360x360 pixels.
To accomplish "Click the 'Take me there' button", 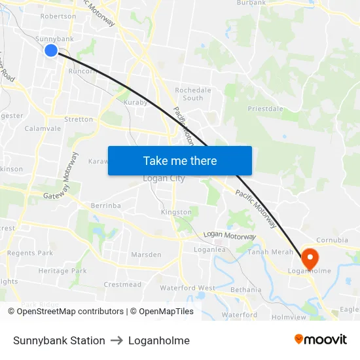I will pyautogui.click(x=180, y=161).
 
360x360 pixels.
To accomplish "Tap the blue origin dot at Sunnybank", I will pyautogui.click(x=51, y=50).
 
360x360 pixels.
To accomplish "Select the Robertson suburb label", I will pyautogui.click(x=58, y=16).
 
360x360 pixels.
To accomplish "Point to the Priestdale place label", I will pyautogui.click(x=265, y=109).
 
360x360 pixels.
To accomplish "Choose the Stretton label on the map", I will pyautogui.click(x=79, y=120).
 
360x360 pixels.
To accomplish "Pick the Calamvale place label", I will pyautogui.click(x=43, y=129).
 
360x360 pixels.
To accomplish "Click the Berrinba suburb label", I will pyautogui.click(x=106, y=206).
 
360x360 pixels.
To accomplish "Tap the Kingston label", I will pyautogui.click(x=176, y=212).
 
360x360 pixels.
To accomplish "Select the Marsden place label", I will pyautogui.click(x=146, y=255).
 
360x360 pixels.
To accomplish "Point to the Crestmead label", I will pyautogui.click(x=122, y=285).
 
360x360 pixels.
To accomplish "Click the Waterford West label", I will pyautogui.click(x=187, y=288).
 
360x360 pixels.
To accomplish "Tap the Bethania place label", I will pyautogui.click(x=245, y=290).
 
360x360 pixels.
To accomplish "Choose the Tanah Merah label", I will pyautogui.click(x=266, y=252).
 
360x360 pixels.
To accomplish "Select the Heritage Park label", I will pyautogui.click(x=62, y=271).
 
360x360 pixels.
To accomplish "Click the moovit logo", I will pyautogui.click(x=320, y=340).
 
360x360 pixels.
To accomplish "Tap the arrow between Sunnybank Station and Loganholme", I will pyautogui.click(x=117, y=340).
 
